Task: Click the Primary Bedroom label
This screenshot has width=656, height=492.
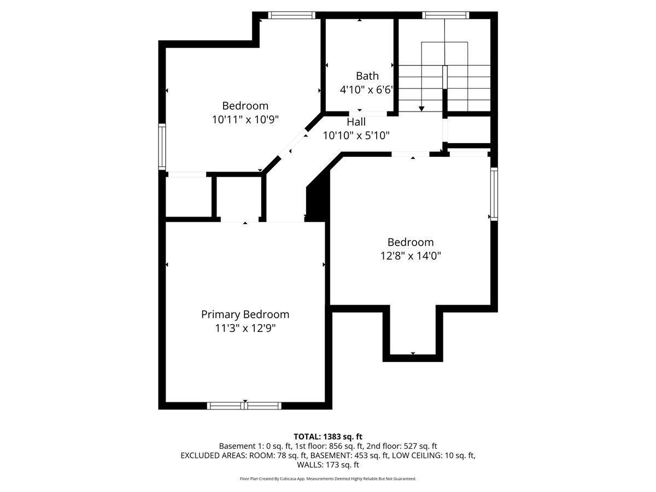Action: (x=245, y=315)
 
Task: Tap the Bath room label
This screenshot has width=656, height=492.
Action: (x=367, y=76)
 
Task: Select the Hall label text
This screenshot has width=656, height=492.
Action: (x=356, y=122)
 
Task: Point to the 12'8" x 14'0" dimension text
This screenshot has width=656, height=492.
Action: (x=411, y=256)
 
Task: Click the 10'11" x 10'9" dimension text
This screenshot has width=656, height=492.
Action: (x=245, y=120)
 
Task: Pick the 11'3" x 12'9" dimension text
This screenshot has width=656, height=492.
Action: (x=245, y=329)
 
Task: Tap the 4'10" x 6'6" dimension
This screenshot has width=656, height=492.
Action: (x=366, y=90)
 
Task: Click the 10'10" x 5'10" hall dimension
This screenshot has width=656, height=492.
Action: (x=356, y=136)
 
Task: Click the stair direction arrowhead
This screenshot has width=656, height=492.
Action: (x=421, y=109)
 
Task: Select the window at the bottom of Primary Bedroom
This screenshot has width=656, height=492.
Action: (x=244, y=406)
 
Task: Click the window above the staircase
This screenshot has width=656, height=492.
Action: (x=446, y=15)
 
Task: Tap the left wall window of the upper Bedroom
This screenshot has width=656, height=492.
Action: (x=162, y=147)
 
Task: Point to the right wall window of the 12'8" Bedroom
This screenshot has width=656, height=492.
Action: (x=494, y=194)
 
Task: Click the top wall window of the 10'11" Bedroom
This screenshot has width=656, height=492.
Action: (x=291, y=15)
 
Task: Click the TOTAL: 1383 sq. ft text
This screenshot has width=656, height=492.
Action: (x=328, y=437)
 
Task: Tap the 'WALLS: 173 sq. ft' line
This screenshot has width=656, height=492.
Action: (x=328, y=465)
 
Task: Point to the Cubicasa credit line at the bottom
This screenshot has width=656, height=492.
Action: (x=328, y=478)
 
